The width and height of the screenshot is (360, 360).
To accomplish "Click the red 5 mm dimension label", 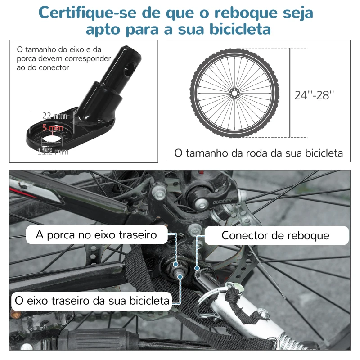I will pyautogui.click(x=52, y=128).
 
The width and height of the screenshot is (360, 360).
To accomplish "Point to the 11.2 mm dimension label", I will pyautogui.click(x=53, y=152).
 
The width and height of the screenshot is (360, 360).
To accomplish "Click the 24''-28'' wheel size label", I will pyautogui.click(x=315, y=95).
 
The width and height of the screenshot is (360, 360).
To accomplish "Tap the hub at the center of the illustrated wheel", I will pyautogui.click(x=234, y=93).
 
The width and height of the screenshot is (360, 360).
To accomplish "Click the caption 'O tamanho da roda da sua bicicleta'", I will pyautogui.click(x=258, y=153).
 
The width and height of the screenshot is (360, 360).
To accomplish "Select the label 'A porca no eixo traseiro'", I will pyautogui.click(x=97, y=234).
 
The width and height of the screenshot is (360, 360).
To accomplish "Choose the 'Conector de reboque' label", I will pyautogui.click(x=275, y=235).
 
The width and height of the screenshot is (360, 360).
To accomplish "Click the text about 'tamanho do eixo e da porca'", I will pyautogui.click(x=63, y=58).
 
